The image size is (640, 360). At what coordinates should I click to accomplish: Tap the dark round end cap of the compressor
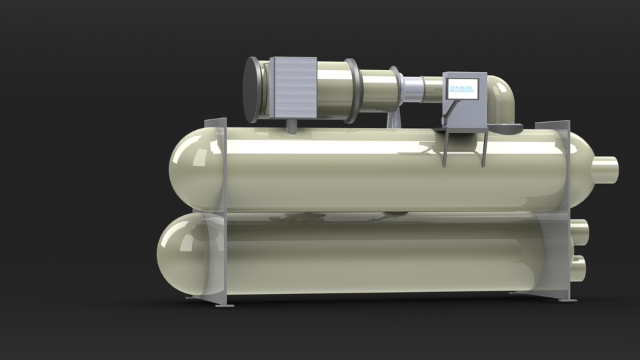251,89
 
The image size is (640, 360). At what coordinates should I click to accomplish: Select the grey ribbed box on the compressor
293,87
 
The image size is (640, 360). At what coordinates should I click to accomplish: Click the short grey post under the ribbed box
292,125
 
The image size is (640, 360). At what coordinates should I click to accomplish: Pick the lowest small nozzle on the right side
577,267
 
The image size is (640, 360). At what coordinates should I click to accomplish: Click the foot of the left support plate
224,305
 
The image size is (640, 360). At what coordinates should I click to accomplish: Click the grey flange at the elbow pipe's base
507,128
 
